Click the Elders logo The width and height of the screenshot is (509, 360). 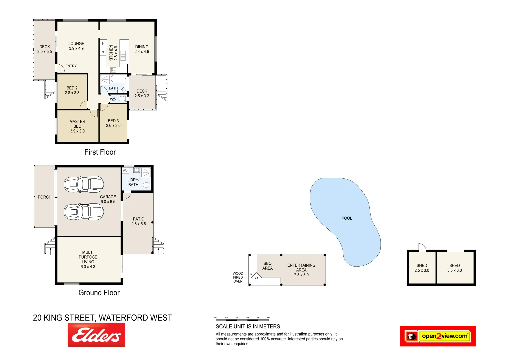pyautogui.click(x=96, y=335)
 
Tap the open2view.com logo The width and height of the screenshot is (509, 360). pyautogui.click(x=438, y=336)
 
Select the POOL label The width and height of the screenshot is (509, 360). pyautogui.click(x=347, y=218)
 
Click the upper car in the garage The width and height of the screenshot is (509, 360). pyautogui.click(x=84, y=184)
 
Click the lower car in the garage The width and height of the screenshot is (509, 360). pyautogui.click(x=84, y=212)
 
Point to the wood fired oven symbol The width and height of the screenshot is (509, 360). pyautogui.click(x=256, y=278)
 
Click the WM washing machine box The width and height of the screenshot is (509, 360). pyautogui.click(x=125, y=171)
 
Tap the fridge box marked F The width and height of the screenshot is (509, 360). pyautogui.click(x=103, y=43)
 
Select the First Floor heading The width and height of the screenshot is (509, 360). pyautogui.click(x=100, y=152)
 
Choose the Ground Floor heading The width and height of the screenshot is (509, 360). pyautogui.click(x=99, y=293)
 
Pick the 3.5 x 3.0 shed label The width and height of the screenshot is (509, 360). pyautogui.click(x=454, y=268)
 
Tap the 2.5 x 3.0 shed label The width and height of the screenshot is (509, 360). pyautogui.click(x=422, y=268)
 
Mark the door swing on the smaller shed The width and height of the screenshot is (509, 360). pyautogui.click(x=422, y=247)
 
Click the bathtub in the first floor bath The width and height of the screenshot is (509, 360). pyautogui.click(x=118, y=79)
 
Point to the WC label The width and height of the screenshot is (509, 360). pyautogui.click(x=113, y=99)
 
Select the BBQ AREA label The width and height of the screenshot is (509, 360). pyautogui.click(x=267, y=266)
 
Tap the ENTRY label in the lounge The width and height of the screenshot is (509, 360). pyautogui.click(x=71, y=66)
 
